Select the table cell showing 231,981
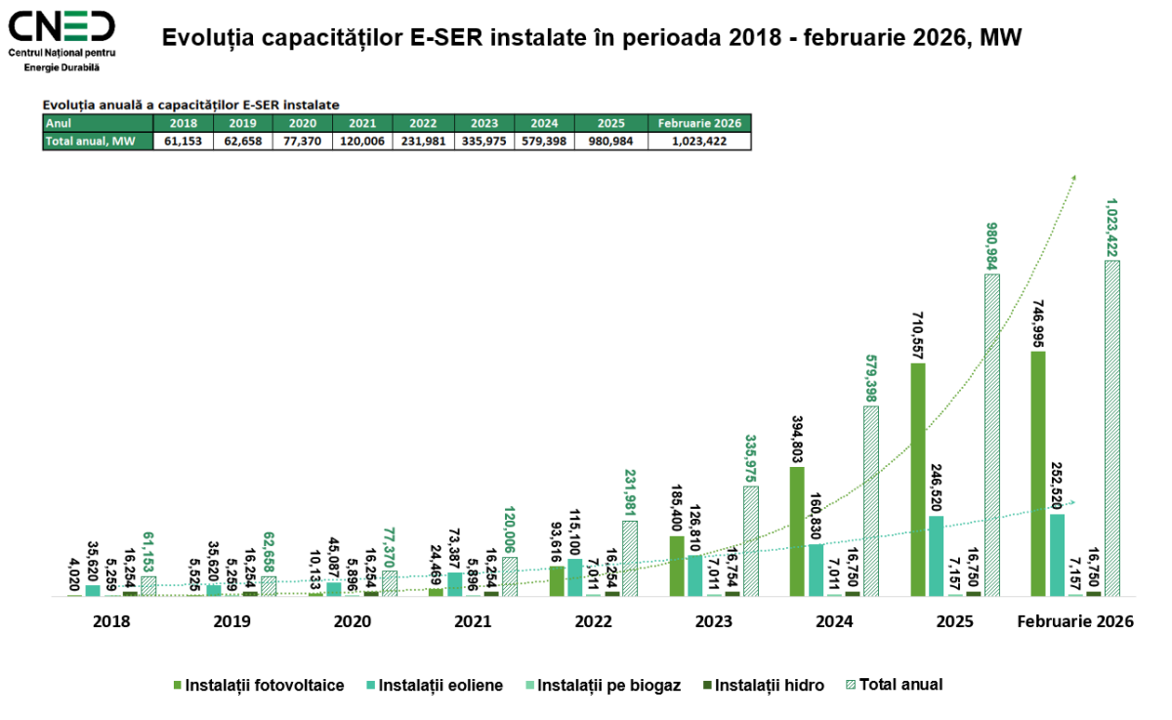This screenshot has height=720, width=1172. click(423, 141)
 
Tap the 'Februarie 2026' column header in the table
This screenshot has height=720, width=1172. click(699, 123)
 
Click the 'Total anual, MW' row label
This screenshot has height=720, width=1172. click(98, 141)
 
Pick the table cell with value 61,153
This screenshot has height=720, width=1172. click(183, 141)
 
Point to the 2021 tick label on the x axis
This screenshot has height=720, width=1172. click(473, 620)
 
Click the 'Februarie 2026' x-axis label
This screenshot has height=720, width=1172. click(1075, 620)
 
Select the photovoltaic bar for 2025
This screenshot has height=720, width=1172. click(917, 479)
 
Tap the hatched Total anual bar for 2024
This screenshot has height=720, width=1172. click(871, 500)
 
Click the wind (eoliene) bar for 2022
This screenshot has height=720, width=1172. click(575, 576)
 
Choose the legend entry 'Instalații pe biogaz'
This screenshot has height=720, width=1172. click(607, 685)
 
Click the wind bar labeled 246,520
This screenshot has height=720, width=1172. click(936, 555)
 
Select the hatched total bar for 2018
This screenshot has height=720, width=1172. click(148, 585)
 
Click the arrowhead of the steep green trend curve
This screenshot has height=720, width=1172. click(1073, 177)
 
